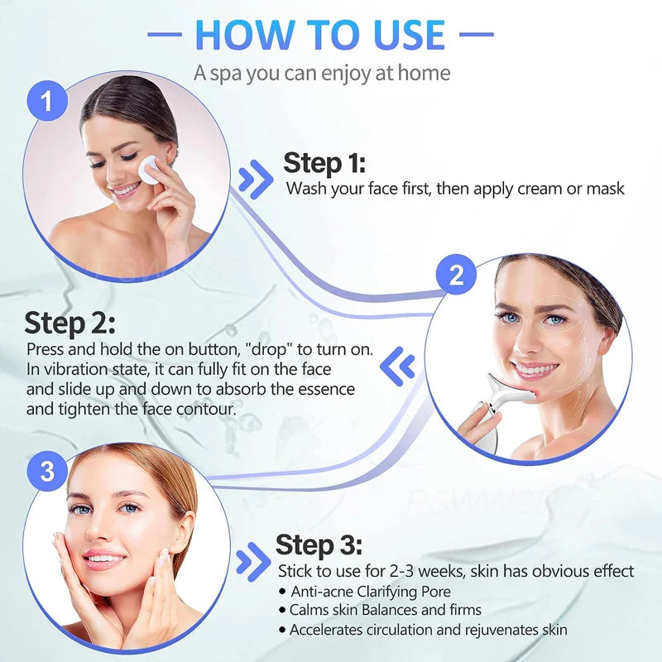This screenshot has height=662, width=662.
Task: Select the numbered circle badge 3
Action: coord(47,472)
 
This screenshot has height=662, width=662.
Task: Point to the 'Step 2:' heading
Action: coord(70,323)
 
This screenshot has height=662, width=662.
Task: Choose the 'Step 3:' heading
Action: coord(319,545)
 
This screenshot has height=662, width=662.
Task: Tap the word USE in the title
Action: coord(402,35)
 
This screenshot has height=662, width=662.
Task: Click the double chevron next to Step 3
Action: coord(252,564)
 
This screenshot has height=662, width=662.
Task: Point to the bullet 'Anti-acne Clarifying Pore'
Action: coord(371,591)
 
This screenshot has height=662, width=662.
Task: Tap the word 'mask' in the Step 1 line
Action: coord(605,189)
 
